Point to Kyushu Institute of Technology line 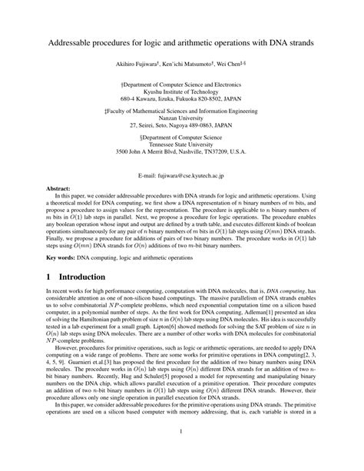coord(182,91)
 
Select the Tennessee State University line coord(182,144)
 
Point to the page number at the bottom coord(182,454)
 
